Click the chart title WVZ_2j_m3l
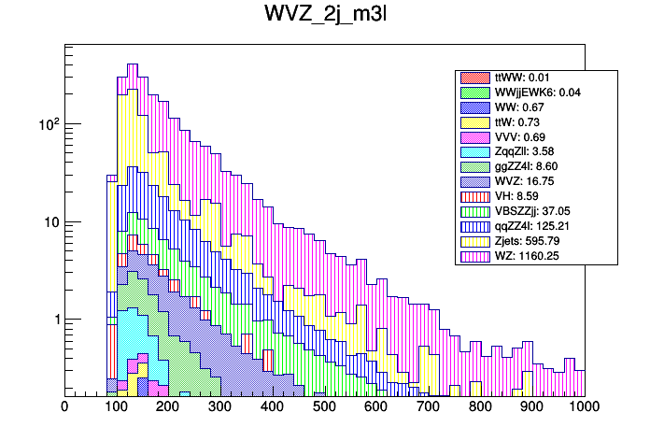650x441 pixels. [324, 17]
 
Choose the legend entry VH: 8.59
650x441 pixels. [510, 197]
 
